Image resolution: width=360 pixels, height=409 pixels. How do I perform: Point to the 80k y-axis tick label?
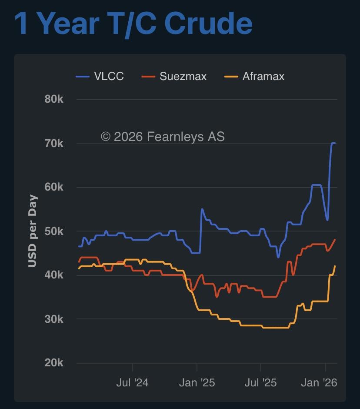point(54,99)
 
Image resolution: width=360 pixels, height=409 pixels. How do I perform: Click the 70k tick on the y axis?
point(54,143)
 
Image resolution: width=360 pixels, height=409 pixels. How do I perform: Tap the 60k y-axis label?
point(54,187)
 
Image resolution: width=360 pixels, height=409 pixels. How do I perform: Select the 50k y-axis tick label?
point(54,231)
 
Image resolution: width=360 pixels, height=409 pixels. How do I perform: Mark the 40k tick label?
point(54,275)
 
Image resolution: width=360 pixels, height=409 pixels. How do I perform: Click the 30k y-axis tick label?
point(54,319)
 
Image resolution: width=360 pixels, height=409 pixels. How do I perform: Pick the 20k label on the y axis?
point(54,363)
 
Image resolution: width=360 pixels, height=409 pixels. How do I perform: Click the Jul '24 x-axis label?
point(132,382)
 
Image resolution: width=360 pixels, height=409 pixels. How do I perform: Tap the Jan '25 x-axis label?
point(197,382)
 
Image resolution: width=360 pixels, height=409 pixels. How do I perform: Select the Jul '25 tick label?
point(260,382)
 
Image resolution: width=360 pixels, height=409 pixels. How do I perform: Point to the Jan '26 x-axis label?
point(319,382)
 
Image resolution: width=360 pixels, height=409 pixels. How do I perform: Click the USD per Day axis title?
point(33,231)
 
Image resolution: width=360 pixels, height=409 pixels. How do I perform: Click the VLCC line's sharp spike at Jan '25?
point(202,209)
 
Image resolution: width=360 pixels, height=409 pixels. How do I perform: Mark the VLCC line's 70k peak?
point(333,143)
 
